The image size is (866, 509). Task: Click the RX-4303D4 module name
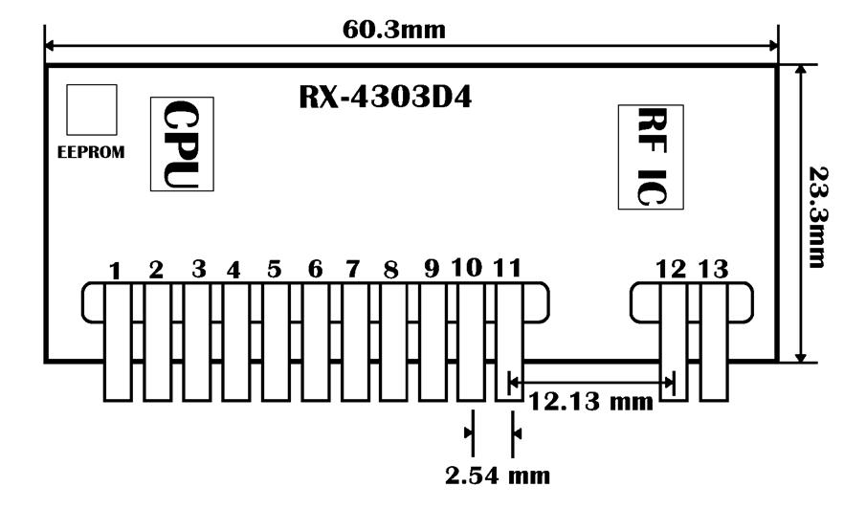click(x=386, y=99)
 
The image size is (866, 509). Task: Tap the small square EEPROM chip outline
click(x=92, y=109)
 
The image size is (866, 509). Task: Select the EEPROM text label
click(x=92, y=151)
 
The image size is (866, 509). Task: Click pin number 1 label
click(x=116, y=272)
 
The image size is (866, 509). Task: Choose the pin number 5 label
click(x=275, y=270)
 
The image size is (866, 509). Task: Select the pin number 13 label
click(x=713, y=270)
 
